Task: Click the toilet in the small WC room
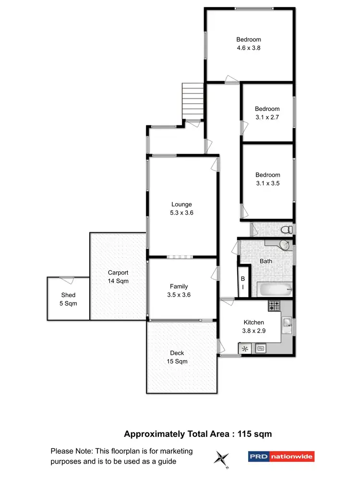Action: [x=286, y=229]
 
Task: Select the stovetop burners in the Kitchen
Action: [x=274, y=305]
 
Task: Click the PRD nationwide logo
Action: [x=281, y=456]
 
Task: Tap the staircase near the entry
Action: [x=193, y=101]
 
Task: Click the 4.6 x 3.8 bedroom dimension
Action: [x=248, y=48]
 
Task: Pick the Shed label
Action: [x=68, y=295]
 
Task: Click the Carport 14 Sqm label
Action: [x=118, y=277]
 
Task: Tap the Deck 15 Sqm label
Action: [x=177, y=357]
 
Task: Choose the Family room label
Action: [x=179, y=287]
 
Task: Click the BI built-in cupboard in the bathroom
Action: [x=243, y=283]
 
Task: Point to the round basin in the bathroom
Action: [x=285, y=245]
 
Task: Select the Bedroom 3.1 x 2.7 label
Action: [x=267, y=113]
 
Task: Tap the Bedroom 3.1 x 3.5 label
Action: [x=267, y=179]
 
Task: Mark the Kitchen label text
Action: [x=253, y=323]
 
